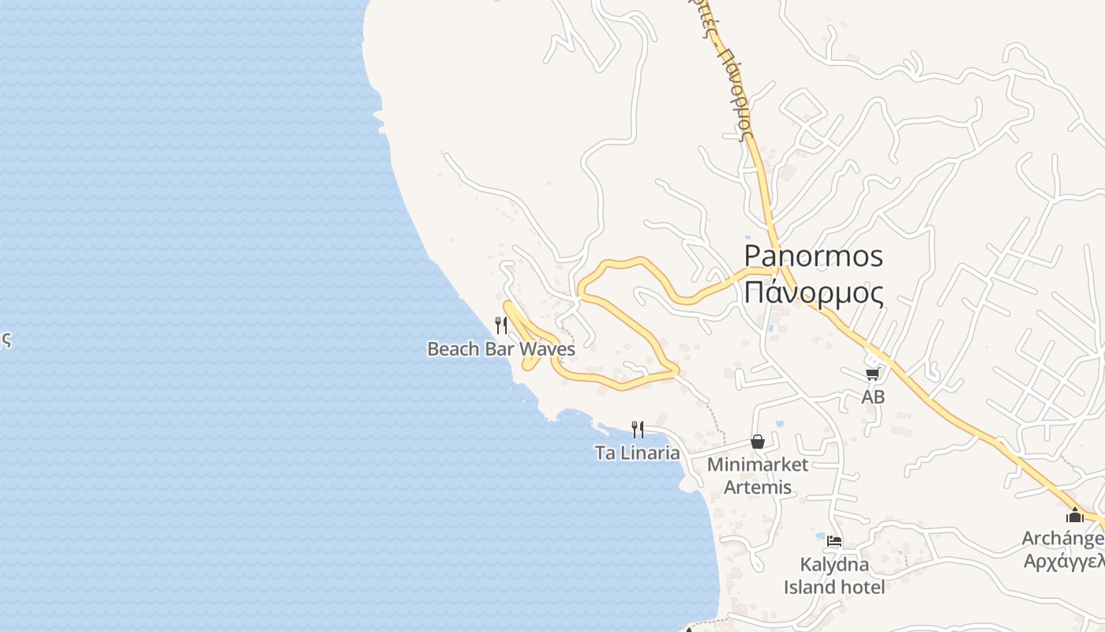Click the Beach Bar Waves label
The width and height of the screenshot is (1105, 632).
(500, 348)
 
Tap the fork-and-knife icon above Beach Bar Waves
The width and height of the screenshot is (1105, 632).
(500, 325)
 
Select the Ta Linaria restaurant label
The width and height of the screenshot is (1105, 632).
(637, 453)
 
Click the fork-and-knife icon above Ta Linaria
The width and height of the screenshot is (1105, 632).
(638, 429)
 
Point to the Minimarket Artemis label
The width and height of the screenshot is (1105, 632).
(757, 476)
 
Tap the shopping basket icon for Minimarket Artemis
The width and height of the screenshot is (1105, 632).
(758, 442)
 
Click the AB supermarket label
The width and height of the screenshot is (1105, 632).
(873, 397)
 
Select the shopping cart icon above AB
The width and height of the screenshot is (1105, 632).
(872, 374)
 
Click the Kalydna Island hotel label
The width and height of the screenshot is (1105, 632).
(834, 576)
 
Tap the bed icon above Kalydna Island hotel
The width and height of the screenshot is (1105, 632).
(834, 541)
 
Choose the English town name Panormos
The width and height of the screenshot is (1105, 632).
(814, 256)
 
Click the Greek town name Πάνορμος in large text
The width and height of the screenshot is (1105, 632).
(814, 292)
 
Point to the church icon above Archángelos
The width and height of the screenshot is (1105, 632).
(1074, 515)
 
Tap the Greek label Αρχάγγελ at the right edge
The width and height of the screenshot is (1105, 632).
(1063, 561)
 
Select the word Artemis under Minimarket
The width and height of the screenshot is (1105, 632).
(758, 487)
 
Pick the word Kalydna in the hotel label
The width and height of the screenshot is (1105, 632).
(834, 565)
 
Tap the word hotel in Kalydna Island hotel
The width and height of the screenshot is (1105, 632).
(863, 587)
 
